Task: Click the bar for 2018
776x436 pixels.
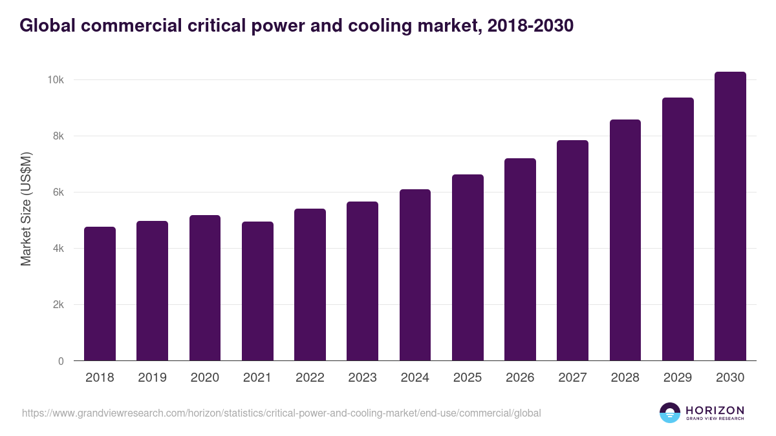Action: [100, 294]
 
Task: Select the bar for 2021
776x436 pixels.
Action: [257, 291]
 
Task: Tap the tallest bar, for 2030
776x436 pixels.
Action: [730, 216]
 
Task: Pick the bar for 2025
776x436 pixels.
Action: [468, 267]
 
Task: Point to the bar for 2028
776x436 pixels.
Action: [625, 240]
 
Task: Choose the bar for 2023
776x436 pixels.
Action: [362, 281]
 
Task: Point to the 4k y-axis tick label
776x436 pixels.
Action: [58, 249]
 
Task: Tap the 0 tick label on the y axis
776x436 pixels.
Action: [61, 361]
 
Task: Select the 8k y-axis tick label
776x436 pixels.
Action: [58, 136]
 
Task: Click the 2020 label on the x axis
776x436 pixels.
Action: [204, 378]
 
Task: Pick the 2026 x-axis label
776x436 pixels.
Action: [520, 378]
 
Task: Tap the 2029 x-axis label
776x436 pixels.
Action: [678, 378]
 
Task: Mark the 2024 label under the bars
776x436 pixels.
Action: [415, 378]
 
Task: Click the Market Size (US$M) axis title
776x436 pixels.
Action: [26, 209]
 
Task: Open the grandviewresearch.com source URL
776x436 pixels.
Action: [281, 413]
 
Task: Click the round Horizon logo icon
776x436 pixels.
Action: [670, 413]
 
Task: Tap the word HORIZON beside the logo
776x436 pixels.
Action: [715, 410]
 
